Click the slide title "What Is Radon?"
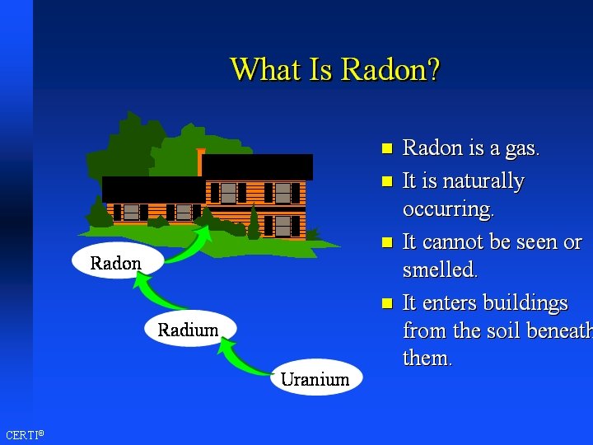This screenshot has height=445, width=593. coord(334,69)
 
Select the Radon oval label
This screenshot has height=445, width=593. coord(115,263)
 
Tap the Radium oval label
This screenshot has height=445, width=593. coord(188,330)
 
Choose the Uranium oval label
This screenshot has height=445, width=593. coord(315,379)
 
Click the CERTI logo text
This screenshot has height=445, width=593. coord(24,434)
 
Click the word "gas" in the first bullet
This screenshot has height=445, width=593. coord(521,149)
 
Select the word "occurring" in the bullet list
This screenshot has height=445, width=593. coord(447,209)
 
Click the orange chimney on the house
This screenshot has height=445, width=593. coord(201,161)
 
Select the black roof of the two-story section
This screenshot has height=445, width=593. coord(257,166)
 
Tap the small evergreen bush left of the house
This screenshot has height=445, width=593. coord(100,214)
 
